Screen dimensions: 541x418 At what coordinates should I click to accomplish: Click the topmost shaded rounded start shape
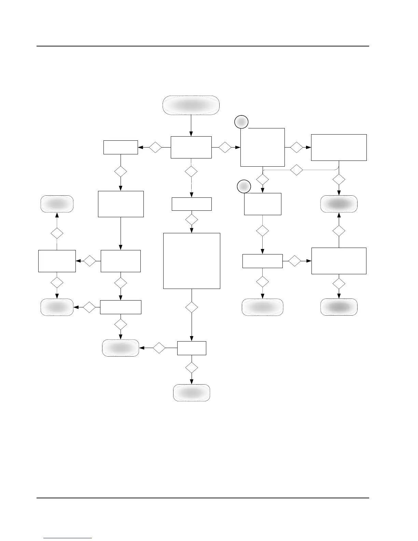pyautogui.click(x=191, y=105)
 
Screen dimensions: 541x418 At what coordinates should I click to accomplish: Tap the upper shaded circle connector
pyautogui.click(x=241, y=122)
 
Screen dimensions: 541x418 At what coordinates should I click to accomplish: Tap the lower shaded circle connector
pyautogui.click(x=244, y=186)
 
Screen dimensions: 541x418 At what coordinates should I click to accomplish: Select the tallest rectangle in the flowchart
pyautogui.click(x=192, y=261)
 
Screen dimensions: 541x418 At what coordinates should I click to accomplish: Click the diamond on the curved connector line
pyautogui.click(x=296, y=170)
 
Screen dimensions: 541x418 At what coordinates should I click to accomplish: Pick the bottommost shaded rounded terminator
pyautogui.click(x=192, y=393)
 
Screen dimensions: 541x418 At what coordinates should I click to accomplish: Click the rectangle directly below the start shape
pyautogui.click(x=191, y=147)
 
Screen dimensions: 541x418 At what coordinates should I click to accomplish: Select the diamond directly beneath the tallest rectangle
pyautogui.click(x=192, y=307)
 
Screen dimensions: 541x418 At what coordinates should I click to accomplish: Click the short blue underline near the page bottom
pyautogui.click(x=68, y=538)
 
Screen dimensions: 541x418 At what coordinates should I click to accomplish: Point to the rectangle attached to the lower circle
pyautogui.click(x=263, y=204)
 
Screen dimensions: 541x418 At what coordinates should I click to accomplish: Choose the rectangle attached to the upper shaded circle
pyautogui.click(x=263, y=147)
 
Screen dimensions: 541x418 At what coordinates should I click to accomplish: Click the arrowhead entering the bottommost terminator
pyautogui.click(x=192, y=382)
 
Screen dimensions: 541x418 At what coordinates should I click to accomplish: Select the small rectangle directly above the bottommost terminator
pyautogui.click(x=192, y=348)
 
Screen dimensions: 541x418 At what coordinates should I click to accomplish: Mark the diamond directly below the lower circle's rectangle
pyautogui.click(x=262, y=231)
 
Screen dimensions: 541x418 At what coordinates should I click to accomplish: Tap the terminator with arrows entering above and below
pyautogui.click(x=339, y=204)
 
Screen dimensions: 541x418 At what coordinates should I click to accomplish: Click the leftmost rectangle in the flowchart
pyautogui.click(x=57, y=261)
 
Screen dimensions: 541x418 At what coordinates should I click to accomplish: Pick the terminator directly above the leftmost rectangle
pyautogui.click(x=57, y=204)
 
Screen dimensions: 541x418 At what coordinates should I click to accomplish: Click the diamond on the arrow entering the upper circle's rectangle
pyautogui.click(x=225, y=148)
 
